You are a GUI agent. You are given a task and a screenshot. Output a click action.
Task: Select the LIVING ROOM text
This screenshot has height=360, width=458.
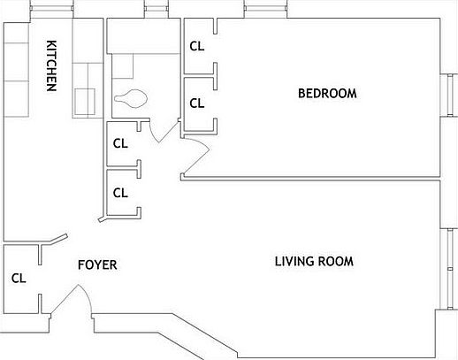point(314,261)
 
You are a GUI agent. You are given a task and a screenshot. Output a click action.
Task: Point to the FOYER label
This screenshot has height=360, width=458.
point(97,264)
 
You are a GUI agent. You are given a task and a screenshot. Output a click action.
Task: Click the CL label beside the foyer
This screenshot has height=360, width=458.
point(19,278)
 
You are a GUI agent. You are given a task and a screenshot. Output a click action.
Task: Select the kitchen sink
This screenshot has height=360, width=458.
point(86,100)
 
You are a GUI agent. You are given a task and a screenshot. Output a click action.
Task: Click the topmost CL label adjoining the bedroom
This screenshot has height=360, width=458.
point(197,47)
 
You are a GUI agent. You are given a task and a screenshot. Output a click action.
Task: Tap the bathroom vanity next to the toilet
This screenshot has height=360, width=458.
point(123,66)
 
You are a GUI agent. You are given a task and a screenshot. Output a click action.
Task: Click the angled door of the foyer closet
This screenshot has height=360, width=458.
point(56,239)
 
